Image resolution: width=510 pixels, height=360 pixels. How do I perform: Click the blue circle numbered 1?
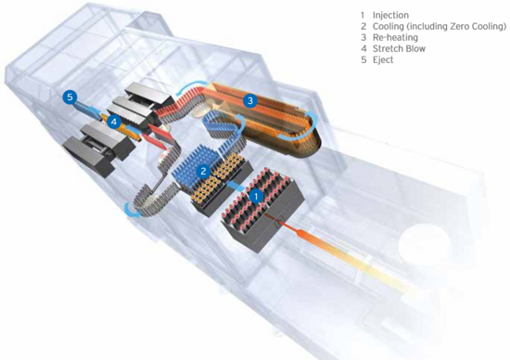point(257,197)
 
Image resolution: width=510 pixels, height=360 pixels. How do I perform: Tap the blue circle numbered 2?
point(204,171)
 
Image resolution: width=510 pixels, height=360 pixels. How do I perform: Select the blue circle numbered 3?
point(250,100)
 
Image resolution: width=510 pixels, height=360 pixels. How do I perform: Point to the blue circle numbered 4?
point(113,122)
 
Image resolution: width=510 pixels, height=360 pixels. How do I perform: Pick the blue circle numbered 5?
point(70,97)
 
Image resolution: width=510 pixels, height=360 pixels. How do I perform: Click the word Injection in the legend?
point(390,15)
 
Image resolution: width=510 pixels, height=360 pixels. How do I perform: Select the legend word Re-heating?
point(395,37)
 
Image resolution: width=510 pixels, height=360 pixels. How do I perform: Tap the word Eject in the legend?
point(383,60)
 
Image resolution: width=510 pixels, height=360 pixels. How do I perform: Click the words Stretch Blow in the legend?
point(399,49)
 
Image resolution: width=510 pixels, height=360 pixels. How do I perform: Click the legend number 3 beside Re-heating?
point(363,37)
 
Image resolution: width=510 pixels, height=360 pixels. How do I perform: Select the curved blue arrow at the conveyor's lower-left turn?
point(132,212)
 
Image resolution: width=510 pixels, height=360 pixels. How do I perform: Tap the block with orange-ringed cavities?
point(222,183)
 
